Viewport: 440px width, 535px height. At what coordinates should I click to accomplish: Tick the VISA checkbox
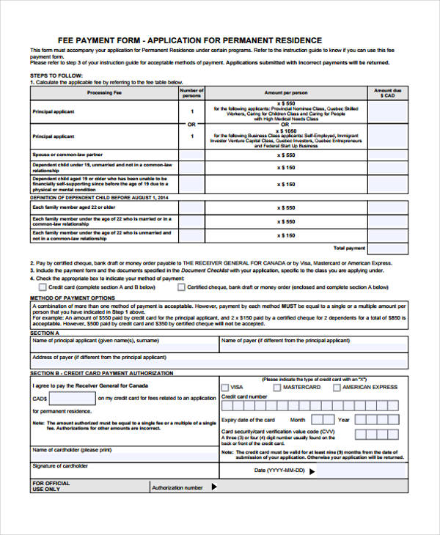pos(225,387)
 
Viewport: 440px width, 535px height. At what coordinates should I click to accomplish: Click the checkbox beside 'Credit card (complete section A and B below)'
pos(43,287)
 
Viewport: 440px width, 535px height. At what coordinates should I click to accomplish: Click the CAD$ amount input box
pos(72,399)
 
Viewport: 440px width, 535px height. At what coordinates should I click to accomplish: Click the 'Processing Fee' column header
pos(104,93)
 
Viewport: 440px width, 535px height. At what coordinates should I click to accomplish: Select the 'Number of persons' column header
pos(191,93)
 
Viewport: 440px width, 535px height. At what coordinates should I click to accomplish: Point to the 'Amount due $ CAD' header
pos(387,93)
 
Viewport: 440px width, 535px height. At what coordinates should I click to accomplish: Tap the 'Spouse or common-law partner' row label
pos(67,155)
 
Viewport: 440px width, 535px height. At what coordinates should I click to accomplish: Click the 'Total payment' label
pos(349,248)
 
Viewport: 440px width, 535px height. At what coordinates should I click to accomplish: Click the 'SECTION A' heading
pos(44,333)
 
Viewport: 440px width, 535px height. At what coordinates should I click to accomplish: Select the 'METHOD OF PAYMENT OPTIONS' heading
pos(72,298)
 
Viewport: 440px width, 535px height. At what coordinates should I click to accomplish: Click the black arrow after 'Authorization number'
pos(214,486)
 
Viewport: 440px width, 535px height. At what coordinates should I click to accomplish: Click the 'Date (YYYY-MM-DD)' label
pos(279,470)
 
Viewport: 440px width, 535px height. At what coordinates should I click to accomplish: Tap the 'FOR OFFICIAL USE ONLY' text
pos(51,486)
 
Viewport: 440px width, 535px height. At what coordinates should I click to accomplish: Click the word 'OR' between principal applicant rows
pos(191,125)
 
